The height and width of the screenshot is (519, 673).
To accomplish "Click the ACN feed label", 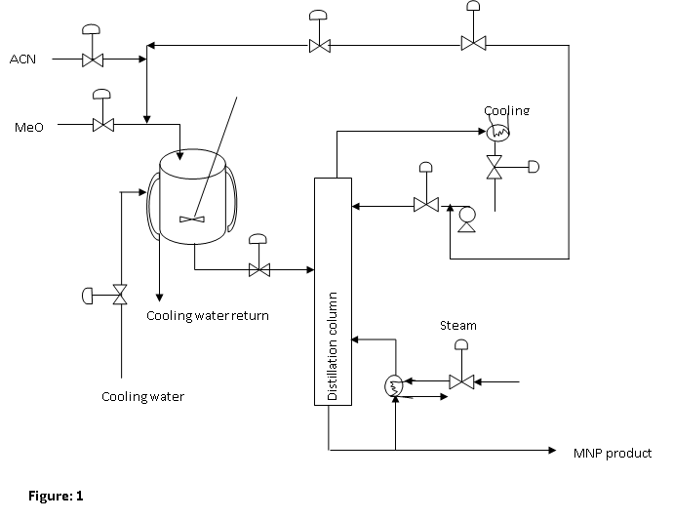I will [x=22, y=60].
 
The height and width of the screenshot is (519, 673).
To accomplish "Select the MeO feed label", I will [x=27, y=127].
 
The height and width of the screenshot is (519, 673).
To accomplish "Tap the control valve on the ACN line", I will [x=93, y=60].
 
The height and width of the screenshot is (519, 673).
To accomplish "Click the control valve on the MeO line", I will [x=102, y=125].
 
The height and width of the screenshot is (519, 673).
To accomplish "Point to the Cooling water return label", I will [x=208, y=315].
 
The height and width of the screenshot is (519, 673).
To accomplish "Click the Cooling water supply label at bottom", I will [x=143, y=396].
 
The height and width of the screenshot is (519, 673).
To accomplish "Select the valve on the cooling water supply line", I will [x=120, y=294].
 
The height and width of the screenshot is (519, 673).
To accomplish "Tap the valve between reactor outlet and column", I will [x=258, y=269].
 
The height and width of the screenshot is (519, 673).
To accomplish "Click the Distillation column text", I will [x=333, y=346].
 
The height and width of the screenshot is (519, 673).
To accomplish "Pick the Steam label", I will [x=459, y=324].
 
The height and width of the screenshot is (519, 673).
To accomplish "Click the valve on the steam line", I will [x=461, y=380].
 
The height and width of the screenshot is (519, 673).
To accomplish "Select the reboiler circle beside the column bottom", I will [x=395, y=384].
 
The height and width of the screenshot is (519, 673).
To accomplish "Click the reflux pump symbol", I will [x=466, y=217].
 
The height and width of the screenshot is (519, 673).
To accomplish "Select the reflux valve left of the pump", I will [x=425, y=205].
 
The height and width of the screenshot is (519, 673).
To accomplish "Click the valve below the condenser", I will [x=495, y=167].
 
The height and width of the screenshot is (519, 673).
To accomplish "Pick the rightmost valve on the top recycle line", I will [x=473, y=43].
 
